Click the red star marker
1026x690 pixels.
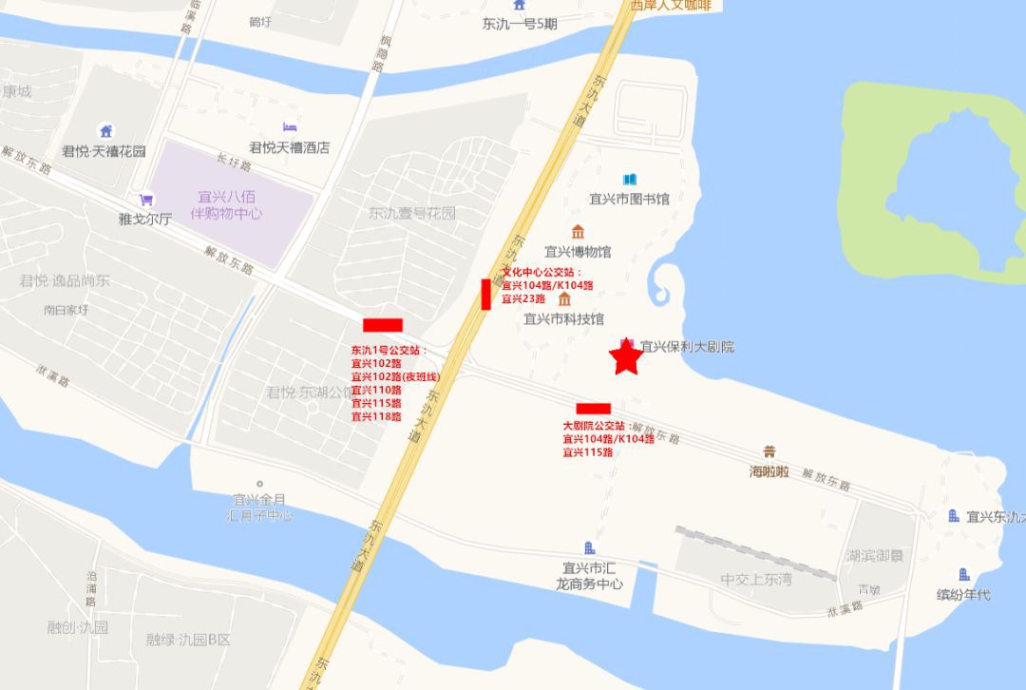coord(625,359)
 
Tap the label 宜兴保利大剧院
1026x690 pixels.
coord(687,347)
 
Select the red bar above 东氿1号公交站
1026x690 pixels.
coord(383,325)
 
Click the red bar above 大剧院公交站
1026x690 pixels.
coord(593,409)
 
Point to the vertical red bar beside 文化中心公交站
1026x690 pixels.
coord(485,294)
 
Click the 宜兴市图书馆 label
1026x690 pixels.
coord(629,199)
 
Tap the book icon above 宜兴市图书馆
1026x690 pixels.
coord(629,179)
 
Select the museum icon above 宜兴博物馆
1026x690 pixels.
coord(578,232)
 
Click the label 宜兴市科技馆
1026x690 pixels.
coord(564,319)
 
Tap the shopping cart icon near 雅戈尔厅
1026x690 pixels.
coord(145,200)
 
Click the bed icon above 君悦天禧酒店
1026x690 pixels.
coord(289,127)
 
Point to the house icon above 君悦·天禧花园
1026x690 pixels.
coord(105,130)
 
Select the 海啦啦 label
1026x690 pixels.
coord(769,471)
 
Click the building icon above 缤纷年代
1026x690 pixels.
coord(963,574)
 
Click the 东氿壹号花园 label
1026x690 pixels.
coord(412,213)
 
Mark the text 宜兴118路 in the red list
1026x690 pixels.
coord(376,416)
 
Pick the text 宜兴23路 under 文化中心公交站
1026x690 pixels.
coord(523,298)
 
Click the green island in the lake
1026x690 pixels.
coord(926,181)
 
